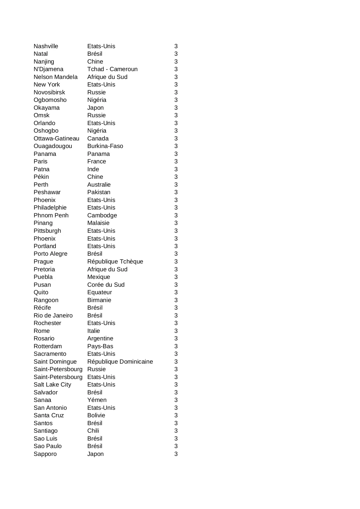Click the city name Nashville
[x=46, y=46]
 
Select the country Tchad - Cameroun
[x=112, y=69]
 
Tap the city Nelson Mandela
[x=55, y=77]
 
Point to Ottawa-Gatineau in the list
[x=56, y=138]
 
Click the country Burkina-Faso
[x=105, y=146]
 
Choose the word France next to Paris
[x=97, y=161]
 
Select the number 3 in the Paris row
[x=176, y=161]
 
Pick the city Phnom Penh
[x=51, y=215]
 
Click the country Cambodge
[x=102, y=215]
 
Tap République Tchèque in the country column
[x=115, y=261]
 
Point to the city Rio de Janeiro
[x=53, y=315]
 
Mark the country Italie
[x=93, y=331]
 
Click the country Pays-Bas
[x=100, y=346]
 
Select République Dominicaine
[x=120, y=362]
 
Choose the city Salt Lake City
[x=52, y=385]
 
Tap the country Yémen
[x=97, y=400]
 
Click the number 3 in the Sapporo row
[x=176, y=454]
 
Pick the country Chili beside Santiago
[x=93, y=431]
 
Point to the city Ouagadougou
[x=53, y=146]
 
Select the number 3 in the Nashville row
[x=176, y=46]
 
